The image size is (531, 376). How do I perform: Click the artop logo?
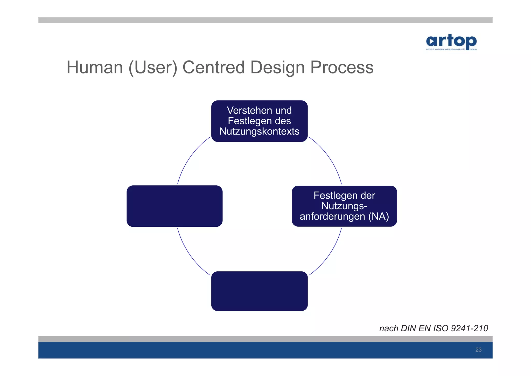coord(451,42)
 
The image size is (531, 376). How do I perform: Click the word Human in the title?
coord(95,68)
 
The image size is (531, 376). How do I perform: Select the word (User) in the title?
coord(153,68)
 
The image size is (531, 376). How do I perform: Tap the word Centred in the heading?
coord(213,68)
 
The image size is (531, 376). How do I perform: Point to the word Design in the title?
coord(277,68)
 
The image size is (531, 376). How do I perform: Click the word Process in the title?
coord(342,68)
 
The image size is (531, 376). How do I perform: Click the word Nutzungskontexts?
coord(259,131)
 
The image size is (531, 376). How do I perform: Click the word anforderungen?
coord(332,216)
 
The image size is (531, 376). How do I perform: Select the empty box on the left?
coord(174,206)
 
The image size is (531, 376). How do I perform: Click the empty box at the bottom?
coord(259,291)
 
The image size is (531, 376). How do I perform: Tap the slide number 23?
coord(478,350)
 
